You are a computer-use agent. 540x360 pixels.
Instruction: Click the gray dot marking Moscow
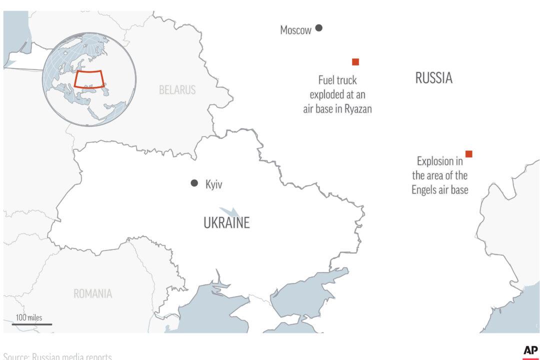click(318, 28)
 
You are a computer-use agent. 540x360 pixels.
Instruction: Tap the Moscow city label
click(295, 30)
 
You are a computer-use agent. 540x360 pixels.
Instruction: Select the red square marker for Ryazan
click(355, 62)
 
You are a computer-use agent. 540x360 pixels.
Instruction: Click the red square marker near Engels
click(468, 154)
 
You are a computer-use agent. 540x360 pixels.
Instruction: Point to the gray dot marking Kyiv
click(194, 183)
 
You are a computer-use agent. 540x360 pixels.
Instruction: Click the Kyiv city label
click(214, 184)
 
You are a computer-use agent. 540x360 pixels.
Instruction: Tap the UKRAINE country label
click(226, 223)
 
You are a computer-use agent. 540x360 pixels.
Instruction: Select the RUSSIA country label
click(433, 78)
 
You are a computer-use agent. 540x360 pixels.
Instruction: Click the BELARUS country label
click(177, 90)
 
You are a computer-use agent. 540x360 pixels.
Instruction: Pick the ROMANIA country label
click(93, 293)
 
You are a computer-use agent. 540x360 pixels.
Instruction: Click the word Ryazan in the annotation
click(358, 109)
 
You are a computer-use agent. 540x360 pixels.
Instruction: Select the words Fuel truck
click(337, 80)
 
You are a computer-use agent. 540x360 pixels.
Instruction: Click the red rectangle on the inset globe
click(88, 79)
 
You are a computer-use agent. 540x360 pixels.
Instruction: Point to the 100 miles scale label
click(29, 317)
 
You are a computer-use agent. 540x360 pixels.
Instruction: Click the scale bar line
click(32, 324)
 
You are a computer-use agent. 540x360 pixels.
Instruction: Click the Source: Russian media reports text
click(57, 356)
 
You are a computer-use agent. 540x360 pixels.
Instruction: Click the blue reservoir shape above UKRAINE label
click(227, 211)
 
